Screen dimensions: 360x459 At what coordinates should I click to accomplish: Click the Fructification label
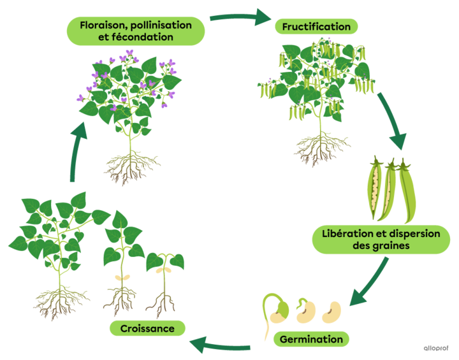[312, 27]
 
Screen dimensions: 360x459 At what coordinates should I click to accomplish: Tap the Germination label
[311, 339]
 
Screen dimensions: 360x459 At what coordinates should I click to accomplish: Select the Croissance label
[147, 328]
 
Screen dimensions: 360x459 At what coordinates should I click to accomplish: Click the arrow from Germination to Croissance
[220, 345]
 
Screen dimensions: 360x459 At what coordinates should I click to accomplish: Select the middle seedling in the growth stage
[120, 268]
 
